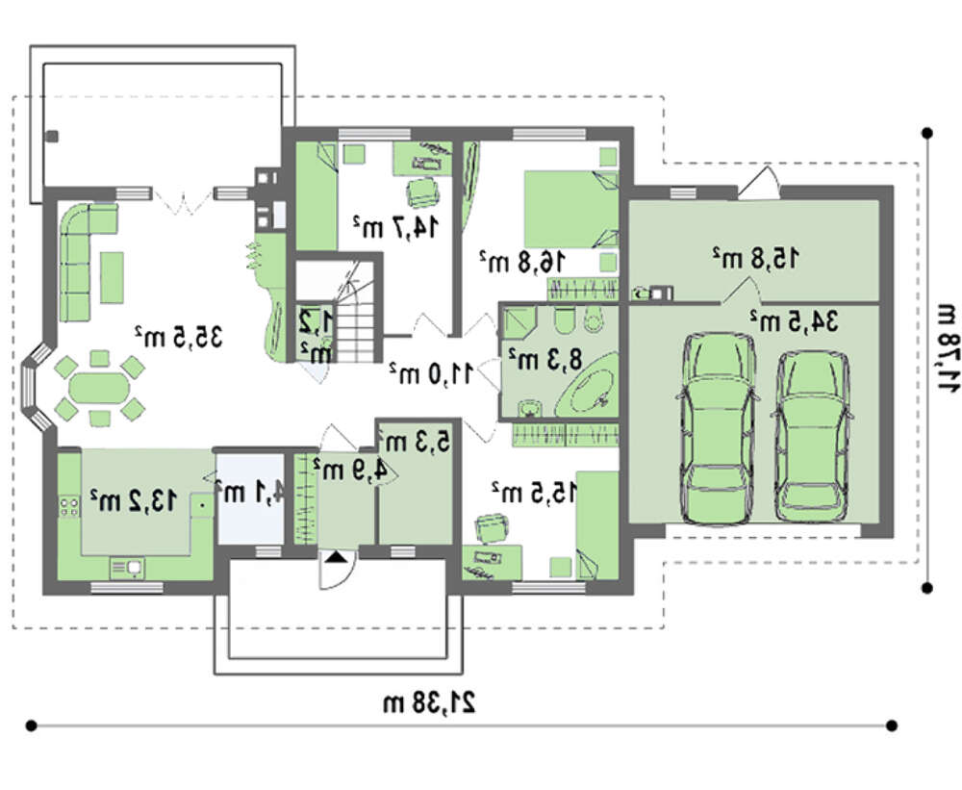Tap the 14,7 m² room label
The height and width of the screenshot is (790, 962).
coord(395,226)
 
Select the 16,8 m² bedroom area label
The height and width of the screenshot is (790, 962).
coord(521,261)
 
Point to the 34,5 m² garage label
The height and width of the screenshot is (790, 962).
coord(794,320)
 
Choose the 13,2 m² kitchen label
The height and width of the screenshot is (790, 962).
coord(134,500)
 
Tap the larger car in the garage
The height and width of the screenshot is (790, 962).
coord(718,428)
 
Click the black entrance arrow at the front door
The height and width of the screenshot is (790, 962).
coord(336,557)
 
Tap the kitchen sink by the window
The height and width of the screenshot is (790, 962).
coord(127,568)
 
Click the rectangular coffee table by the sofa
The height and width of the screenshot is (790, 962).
coord(112,277)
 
